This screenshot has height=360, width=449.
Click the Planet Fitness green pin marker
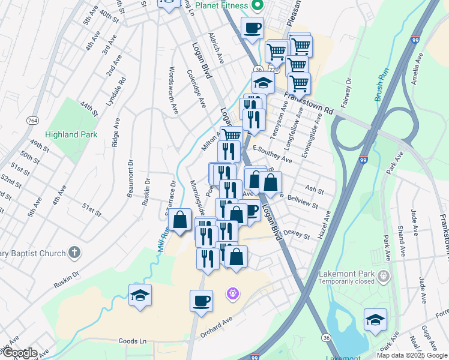[x=258, y=6]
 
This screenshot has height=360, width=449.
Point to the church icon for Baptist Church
[x=74, y=253]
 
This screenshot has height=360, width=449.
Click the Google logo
[x=19, y=353]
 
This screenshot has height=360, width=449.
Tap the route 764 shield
[x=32, y=121]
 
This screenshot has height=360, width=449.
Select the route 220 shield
[x=274, y=70]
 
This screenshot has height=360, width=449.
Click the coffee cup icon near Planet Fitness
[x=253, y=27]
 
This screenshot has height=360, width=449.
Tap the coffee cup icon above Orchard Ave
[x=202, y=299]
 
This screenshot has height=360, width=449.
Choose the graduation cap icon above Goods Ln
[x=140, y=295]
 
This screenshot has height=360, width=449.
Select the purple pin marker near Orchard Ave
[x=233, y=294]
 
